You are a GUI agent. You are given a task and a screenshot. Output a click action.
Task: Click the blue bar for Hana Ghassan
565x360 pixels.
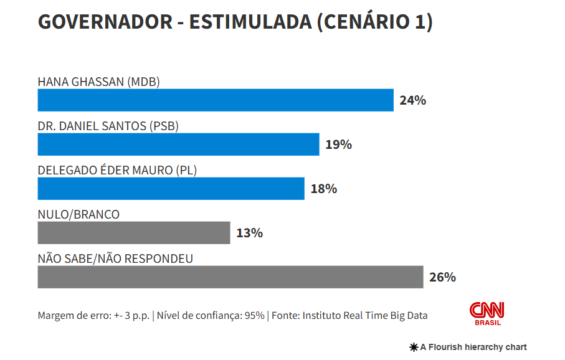pos(216,100)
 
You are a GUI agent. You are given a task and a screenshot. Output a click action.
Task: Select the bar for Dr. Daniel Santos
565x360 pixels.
pos(178,144)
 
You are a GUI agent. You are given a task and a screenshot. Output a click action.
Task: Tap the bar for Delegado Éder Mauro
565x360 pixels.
pos(171,189)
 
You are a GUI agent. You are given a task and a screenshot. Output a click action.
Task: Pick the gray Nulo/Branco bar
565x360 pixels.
pos(133,233)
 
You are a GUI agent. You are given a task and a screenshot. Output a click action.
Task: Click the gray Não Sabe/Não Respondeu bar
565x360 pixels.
pos(230,277)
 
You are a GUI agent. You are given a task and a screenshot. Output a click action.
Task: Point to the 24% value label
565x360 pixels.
pos(412,100)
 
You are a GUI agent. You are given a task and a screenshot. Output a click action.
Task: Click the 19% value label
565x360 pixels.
pos(338,144)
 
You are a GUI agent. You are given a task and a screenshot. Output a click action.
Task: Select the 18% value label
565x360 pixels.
pos(323,189)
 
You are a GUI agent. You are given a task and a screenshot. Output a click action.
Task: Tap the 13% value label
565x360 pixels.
pos(249,233)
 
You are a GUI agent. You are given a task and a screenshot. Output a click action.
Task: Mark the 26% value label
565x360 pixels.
pos(442,277)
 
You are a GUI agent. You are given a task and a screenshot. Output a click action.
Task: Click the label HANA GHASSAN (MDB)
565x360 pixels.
pos(99,82)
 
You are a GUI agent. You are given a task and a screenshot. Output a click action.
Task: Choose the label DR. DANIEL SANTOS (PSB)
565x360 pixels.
pos(108,126)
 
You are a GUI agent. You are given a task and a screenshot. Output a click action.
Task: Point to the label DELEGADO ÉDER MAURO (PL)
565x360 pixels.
pos(117,170)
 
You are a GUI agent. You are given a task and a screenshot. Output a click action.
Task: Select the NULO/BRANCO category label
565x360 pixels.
pos(78,214)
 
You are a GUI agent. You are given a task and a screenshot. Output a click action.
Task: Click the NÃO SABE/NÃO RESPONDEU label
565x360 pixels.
pos(115,258)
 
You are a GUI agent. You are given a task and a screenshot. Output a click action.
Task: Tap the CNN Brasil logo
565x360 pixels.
pos(487,313)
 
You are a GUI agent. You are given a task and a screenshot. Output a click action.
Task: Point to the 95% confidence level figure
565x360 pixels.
pos(254,315)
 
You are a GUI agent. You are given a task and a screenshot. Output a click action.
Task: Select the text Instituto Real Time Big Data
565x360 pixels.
pos(365,315)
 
